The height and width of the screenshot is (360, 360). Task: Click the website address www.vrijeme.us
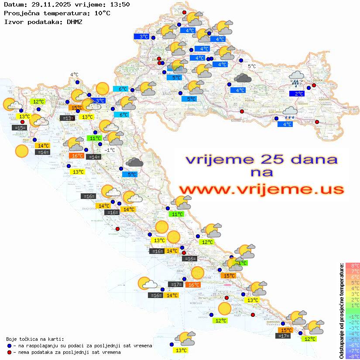pyautogui.click(x=261, y=189)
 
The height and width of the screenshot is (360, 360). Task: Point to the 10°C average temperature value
pyautogui.click(x=102, y=13)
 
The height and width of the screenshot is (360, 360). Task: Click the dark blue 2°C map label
pyautogui.click(x=297, y=94)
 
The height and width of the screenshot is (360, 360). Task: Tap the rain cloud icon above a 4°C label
pyautogui.click(x=290, y=113)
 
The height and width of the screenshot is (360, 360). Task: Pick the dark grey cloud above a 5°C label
pyautogui.click(x=134, y=163)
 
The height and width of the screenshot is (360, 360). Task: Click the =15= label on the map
pyautogui.click(x=20, y=128)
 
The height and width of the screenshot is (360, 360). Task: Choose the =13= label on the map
pyautogui.click(x=67, y=118)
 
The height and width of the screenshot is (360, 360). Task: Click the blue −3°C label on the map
pyautogui.click(x=99, y=101)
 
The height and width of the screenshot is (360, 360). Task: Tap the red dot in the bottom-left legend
pyautogui.click(x=9, y=352)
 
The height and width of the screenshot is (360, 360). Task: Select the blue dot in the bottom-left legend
pyautogui.click(x=9, y=346)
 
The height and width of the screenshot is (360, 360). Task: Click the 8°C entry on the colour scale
pyautogui.click(x=353, y=265)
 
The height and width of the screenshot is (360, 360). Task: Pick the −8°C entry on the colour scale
pyautogui.click(x=353, y=356)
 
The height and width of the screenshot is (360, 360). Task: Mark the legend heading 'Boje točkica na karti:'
pyautogui.click(x=35, y=339)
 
